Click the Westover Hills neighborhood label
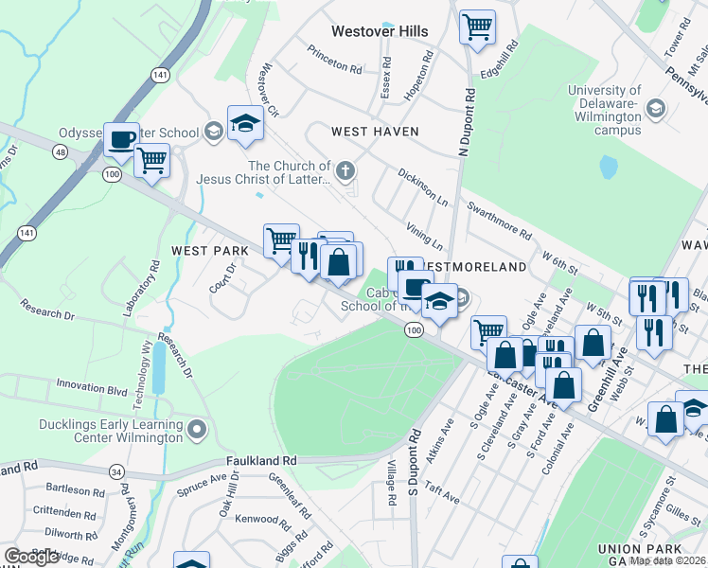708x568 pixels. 380,31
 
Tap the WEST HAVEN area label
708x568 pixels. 374,132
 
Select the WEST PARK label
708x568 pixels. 209,251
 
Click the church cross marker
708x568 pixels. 345,171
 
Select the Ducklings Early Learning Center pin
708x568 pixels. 197,432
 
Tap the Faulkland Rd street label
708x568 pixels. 261,460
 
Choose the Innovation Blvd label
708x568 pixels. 91,388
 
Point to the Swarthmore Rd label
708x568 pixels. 498,217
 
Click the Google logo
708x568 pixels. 32,557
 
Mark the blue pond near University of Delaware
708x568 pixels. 608,168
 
